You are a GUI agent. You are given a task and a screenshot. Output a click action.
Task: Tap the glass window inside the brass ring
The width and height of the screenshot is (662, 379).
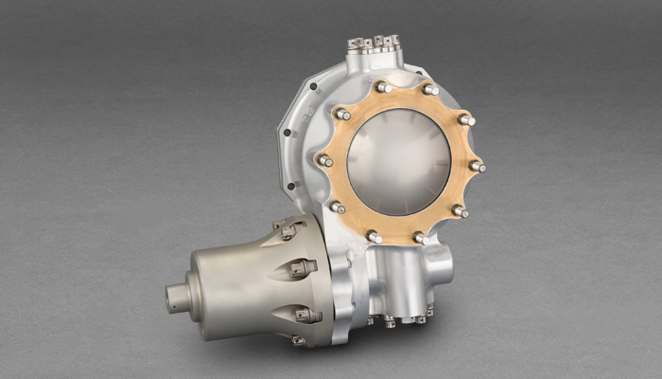coord(400,161)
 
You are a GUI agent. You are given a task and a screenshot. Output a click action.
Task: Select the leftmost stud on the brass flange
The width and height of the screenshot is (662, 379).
coord(325,160)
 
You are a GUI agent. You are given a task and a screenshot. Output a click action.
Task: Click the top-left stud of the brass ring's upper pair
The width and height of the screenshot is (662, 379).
coord(383,87)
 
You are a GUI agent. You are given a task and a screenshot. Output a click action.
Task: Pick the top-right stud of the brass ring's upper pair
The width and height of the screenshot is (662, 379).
coord(430,90)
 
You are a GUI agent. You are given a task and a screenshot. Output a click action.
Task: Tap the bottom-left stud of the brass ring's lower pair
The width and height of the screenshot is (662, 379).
coord(375,237)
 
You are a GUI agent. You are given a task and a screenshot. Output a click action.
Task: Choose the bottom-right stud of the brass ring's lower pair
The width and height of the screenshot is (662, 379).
coord(419,237)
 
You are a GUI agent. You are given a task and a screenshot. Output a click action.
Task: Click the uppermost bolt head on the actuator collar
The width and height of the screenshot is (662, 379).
coord(287,228)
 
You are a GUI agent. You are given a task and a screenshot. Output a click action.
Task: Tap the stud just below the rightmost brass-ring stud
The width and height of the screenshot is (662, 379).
coord(460,210)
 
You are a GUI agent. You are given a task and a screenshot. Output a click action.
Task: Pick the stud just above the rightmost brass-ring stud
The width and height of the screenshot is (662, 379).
coord(465,120)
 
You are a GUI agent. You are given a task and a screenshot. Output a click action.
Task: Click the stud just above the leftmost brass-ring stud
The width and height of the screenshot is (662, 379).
coord(341,115)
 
